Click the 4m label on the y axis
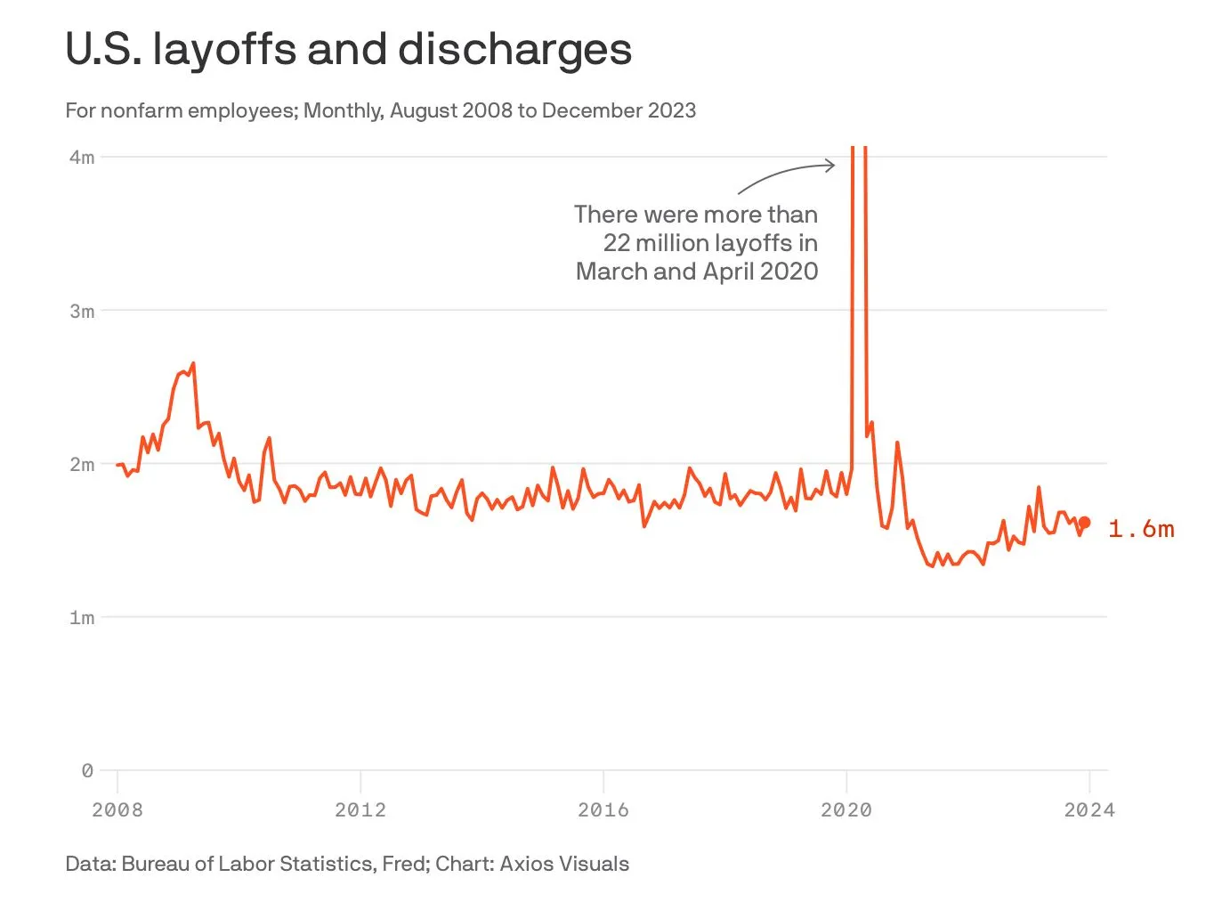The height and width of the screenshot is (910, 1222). (x=81, y=158)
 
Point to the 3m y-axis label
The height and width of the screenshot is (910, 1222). (x=81, y=311)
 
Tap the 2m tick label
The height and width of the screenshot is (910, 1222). (x=81, y=464)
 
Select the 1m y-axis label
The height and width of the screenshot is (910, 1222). (x=81, y=617)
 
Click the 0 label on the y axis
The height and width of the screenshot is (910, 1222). (x=86, y=770)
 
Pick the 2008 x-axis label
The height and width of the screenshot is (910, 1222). (x=117, y=809)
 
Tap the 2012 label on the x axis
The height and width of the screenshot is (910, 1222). (x=360, y=809)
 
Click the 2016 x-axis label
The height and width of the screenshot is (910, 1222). (x=603, y=809)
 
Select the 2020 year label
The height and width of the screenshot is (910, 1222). (x=846, y=809)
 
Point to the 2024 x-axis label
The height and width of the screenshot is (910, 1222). (x=1088, y=809)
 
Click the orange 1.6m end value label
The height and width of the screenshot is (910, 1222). (x=1141, y=529)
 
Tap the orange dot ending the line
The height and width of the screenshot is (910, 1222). (x=1084, y=523)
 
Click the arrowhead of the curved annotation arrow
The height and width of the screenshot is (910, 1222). (x=831, y=165)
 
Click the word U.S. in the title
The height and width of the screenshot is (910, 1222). (x=103, y=50)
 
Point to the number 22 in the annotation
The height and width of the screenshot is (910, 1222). (x=617, y=243)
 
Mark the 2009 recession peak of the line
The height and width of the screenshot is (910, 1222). (x=193, y=363)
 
